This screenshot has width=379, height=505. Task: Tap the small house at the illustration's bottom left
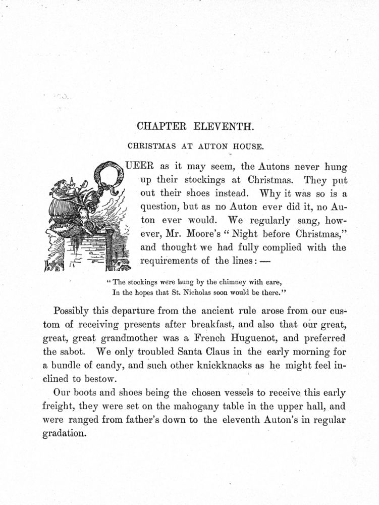click(x=52, y=265)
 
